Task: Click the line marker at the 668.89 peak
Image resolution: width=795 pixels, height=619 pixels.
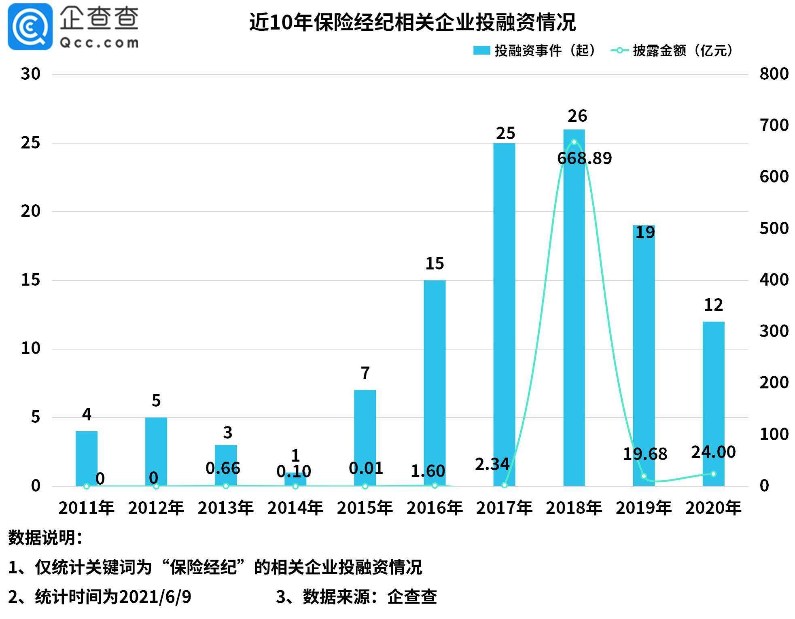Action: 574,142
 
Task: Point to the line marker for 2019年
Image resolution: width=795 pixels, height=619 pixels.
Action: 644,476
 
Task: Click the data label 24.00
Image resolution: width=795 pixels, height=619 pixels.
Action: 713,452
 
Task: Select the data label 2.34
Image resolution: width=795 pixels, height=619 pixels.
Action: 492,464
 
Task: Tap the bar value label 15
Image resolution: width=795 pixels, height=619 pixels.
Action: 435,263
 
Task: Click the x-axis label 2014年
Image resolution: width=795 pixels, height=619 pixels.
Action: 295,508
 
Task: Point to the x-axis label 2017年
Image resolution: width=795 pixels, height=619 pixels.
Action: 504,508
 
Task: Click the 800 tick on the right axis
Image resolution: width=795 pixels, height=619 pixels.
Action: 774,74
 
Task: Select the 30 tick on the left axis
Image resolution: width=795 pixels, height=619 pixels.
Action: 31,74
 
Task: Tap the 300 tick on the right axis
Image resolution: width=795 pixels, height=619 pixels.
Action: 774,331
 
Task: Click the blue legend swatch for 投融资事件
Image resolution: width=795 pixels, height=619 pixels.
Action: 481,51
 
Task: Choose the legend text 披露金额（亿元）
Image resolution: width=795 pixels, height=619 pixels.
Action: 683,51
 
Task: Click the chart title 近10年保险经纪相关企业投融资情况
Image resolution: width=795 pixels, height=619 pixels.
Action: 412,22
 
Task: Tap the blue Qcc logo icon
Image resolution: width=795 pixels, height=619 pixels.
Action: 30,27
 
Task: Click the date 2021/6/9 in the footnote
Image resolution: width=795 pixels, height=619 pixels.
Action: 155,597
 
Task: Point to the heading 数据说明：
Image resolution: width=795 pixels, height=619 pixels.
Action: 45,538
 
